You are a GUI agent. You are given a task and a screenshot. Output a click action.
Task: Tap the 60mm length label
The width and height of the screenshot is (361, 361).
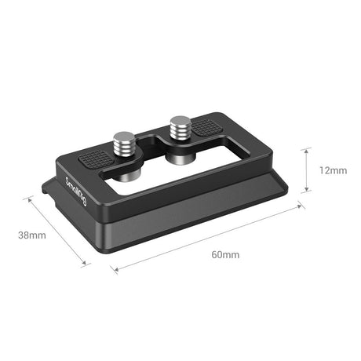[x=224, y=255]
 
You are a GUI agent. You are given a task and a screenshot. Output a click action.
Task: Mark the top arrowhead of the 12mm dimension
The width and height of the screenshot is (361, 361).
[x=306, y=151]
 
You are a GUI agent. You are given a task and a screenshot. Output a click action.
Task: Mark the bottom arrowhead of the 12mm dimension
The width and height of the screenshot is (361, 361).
[x=306, y=188]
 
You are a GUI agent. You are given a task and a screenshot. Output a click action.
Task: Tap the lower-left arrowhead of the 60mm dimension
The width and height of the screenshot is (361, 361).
[x=115, y=272]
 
